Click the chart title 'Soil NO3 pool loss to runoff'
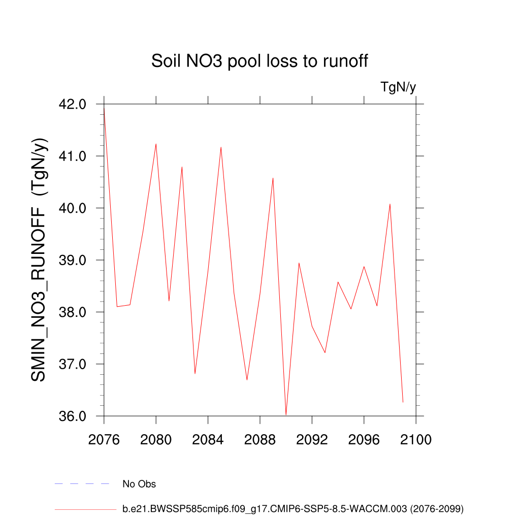(259, 61)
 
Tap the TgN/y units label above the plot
(398, 87)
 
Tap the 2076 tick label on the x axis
(104, 440)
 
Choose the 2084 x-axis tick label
(208, 440)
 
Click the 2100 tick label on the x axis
(416, 440)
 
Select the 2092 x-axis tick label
(312, 440)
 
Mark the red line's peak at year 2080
(156, 144)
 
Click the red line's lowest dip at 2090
(286, 414)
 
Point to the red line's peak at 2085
(221, 147)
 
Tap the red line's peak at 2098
(390, 204)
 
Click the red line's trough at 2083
(195, 373)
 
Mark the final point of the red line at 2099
(403, 402)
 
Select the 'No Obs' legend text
(139, 484)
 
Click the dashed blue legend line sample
(82, 484)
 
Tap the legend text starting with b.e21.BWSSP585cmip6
(293, 508)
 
